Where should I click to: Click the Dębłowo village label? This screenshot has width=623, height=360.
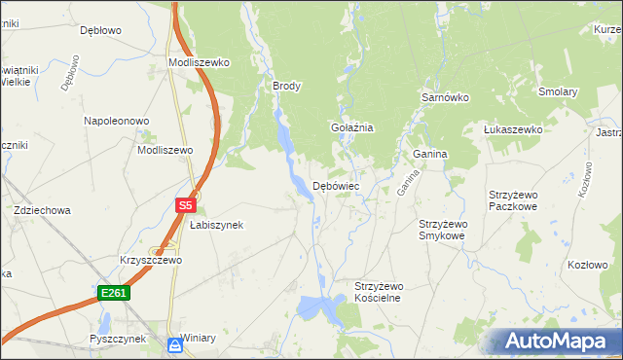99,30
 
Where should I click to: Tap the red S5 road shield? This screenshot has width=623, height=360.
187,205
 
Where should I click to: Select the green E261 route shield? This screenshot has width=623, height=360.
112,292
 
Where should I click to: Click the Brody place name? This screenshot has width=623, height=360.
287,86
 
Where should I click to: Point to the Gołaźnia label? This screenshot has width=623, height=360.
352,127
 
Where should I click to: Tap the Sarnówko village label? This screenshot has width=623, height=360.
445,98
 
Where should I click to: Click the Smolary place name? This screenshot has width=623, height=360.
559,92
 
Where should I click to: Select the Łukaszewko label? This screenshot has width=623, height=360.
513,129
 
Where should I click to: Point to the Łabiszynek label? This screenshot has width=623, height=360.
215,225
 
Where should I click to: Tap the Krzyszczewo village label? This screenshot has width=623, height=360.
151,261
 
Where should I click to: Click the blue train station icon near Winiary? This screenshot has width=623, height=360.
174,344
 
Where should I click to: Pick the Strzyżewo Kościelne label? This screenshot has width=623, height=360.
378,292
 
